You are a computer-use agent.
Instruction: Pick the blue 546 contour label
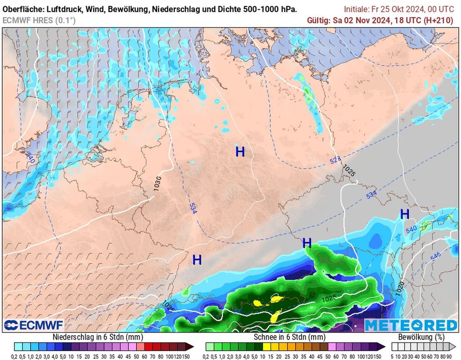435,257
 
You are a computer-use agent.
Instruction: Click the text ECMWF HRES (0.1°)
39,20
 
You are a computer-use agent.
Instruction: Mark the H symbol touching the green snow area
307,243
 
